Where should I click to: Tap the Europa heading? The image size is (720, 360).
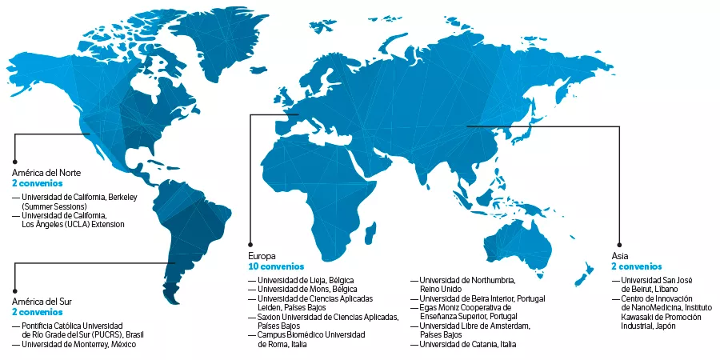tap(263, 254)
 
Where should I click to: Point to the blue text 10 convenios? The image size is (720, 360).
tap(274, 265)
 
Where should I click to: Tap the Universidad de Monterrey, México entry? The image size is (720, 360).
tap(78, 344)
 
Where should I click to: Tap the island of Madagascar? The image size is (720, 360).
tap(370, 231)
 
